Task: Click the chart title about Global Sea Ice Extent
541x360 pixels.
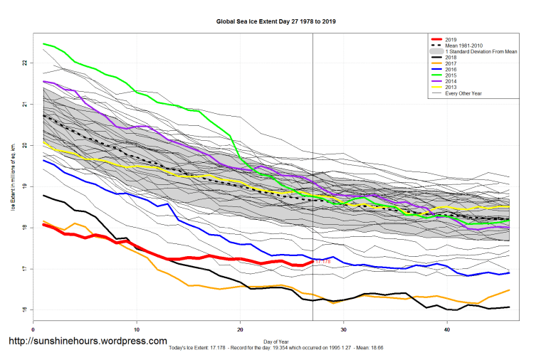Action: coord(275,22)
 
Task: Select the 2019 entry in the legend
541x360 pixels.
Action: coord(451,39)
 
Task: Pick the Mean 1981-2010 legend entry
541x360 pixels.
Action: coord(465,46)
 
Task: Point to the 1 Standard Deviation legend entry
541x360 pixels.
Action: coord(477,53)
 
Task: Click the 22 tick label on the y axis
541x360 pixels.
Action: coord(24,63)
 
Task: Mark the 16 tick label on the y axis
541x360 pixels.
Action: coord(24,310)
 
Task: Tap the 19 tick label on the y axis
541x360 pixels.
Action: coord(24,186)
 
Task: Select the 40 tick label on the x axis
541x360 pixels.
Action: coord(446,330)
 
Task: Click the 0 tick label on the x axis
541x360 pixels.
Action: coord(33,330)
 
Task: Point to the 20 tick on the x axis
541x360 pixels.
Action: coord(240,330)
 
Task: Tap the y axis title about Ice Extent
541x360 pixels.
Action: coord(12,186)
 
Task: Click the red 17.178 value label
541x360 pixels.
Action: coord(323,262)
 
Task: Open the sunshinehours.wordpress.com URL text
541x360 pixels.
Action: coord(87,342)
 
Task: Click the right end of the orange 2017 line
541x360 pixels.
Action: coord(509,290)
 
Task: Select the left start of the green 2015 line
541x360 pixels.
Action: coord(44,44)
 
